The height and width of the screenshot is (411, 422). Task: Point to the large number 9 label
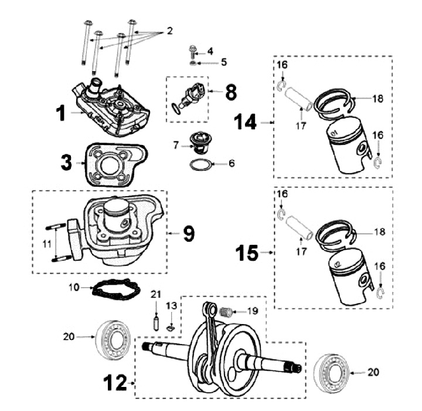188,233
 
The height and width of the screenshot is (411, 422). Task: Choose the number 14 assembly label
246,122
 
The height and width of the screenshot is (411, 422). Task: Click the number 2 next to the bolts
169,31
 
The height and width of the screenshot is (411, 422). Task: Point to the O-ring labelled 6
199,163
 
